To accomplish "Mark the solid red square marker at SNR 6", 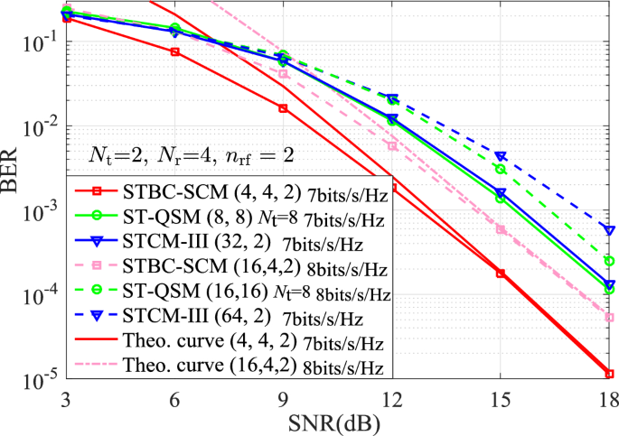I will click(174, 51).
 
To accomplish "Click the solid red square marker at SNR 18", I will click(609, 374).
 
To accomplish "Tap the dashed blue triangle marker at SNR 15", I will click(501, 156).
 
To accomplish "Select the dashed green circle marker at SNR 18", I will click(609, 261).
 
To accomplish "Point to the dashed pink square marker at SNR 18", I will click(609, 318).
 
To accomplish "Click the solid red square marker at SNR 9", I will click(283, 108).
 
